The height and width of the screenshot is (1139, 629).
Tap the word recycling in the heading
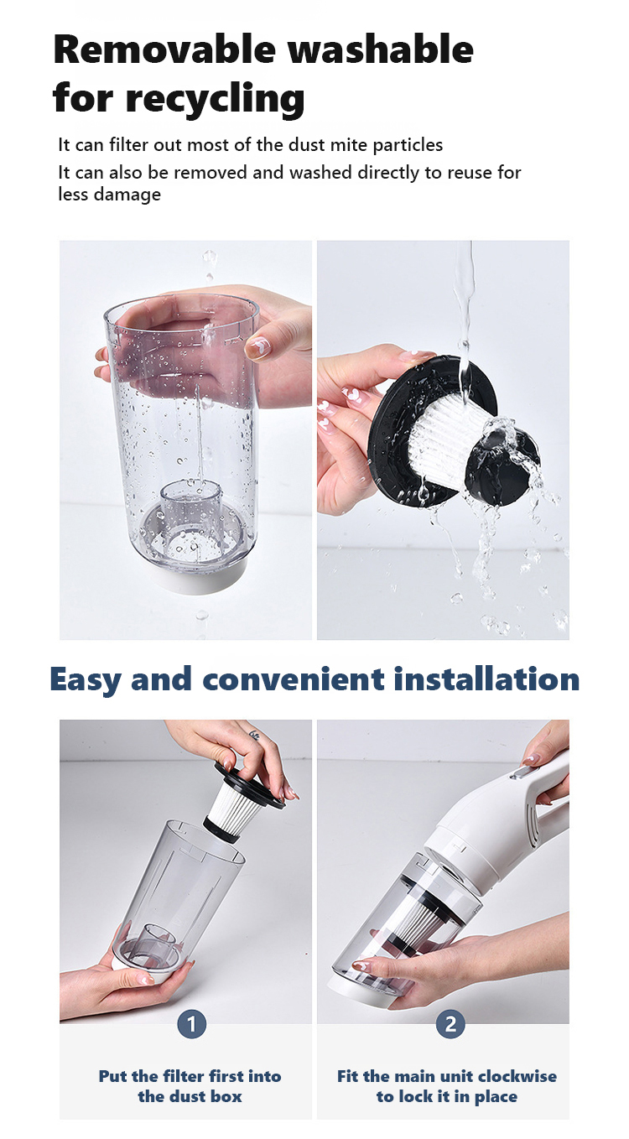click(x=215, y=99)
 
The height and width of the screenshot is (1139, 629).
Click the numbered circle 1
click(x=192, y=1024)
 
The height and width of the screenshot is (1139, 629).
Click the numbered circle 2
click(x=450, y=1024)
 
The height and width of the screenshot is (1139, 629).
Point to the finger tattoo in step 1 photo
click(x=254, y=736)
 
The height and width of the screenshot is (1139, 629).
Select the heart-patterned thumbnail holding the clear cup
click(x=259, y=347)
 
